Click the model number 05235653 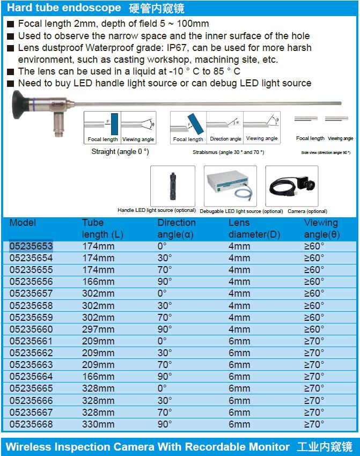[x=31, y=246]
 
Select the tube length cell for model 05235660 [x=98, y=329]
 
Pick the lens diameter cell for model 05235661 [x=239, y=341]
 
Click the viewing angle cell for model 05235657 [x=314, y=293]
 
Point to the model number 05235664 [x=31, y=376]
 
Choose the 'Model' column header [x=23, y=223]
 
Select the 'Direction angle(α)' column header [x=177, y=229]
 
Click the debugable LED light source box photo [x=230, y=186]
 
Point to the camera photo [x=292, y=186]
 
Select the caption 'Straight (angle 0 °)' [x=120, y=152]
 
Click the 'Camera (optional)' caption [x=307, y=211]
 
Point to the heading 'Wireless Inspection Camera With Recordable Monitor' [x=147, y=447]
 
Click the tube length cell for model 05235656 [x=98, y=282]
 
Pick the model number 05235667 [x=31, y=412]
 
